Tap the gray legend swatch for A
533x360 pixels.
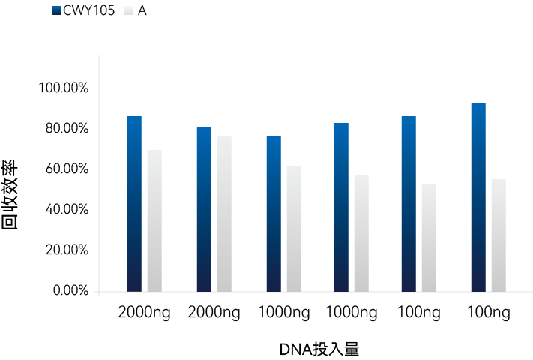127,11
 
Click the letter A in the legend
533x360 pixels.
142,11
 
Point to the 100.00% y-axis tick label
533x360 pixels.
64,88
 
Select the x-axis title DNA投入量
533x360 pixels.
319,349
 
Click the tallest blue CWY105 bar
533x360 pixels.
478,196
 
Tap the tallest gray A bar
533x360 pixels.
224,214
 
